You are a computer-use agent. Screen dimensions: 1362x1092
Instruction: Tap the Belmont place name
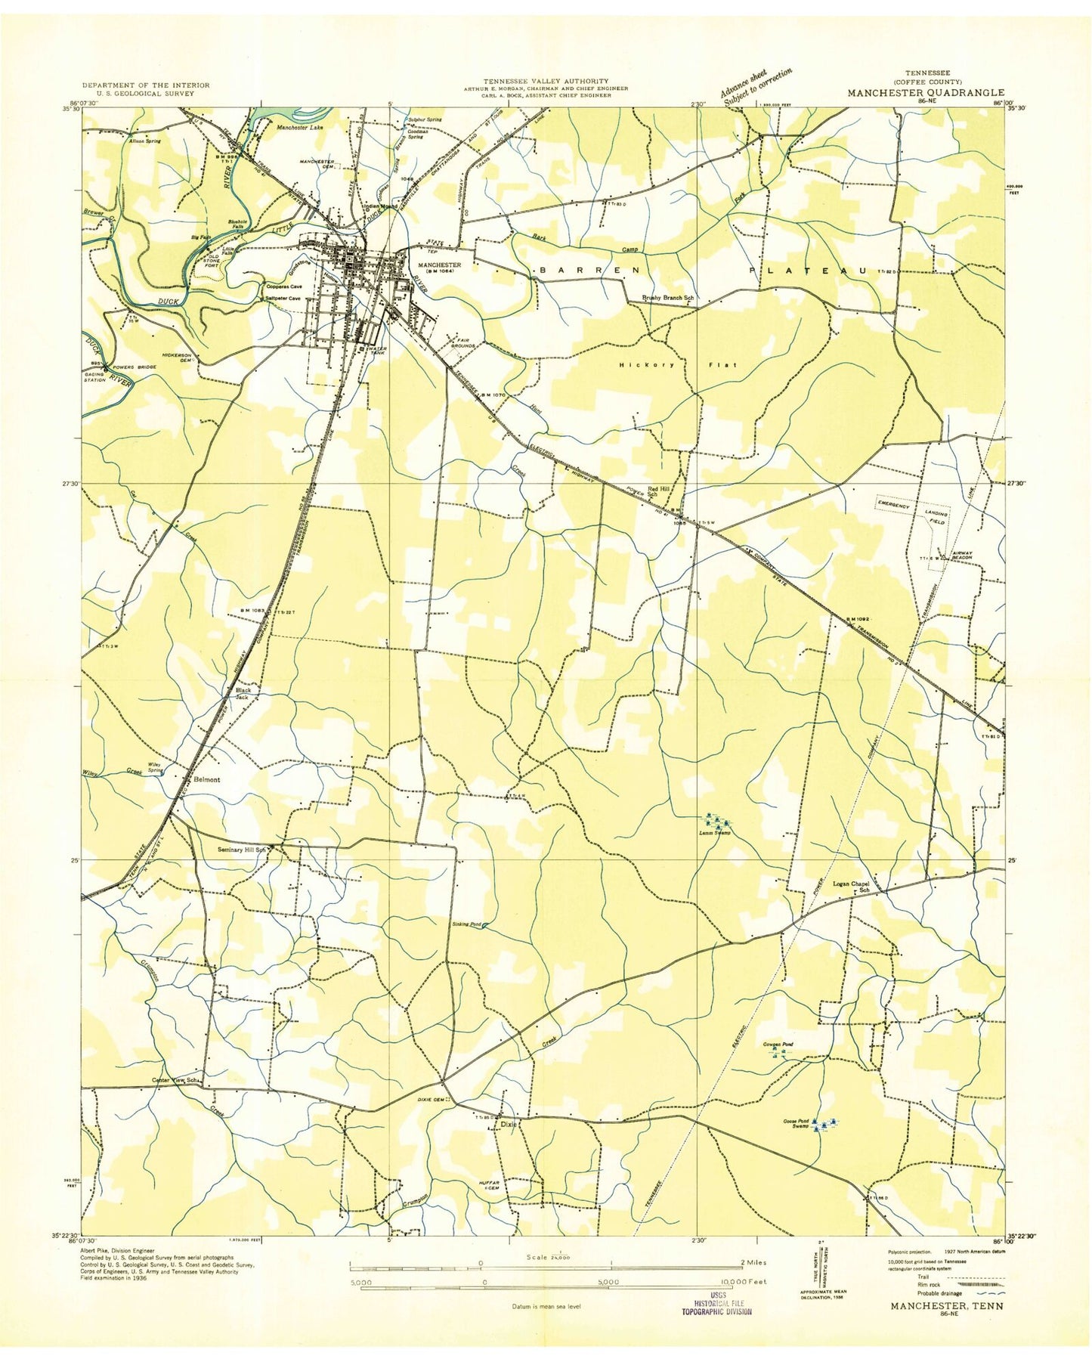click(206, 779)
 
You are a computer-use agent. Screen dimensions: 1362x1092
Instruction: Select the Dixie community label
click(509, 1124)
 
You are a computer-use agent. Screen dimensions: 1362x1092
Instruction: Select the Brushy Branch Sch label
click(667, 298)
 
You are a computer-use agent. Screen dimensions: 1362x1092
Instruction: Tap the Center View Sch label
click(176, 1081)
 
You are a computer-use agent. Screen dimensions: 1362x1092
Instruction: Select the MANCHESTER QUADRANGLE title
click(925, 93)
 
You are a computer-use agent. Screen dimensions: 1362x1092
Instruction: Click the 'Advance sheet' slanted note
click(754, 83)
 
